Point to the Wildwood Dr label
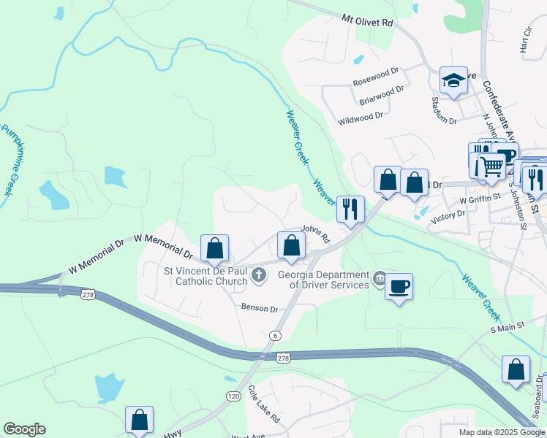[x=361, y=117]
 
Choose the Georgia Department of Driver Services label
[x=322, y=280]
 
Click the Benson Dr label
[x=260, y=309]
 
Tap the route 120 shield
[x=233, y=396]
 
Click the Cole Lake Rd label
[x=264, y=404]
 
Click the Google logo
[x=24, y=429]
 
